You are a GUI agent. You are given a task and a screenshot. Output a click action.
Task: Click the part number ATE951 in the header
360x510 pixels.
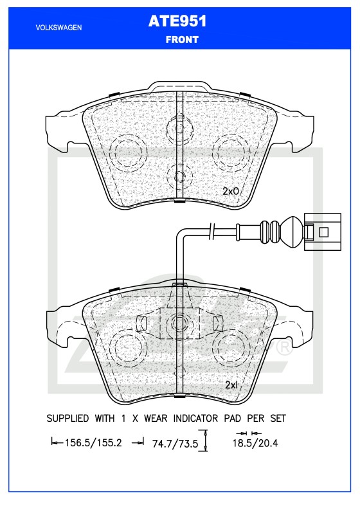(177, 21)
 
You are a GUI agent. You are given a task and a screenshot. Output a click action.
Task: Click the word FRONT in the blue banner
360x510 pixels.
(182, 40)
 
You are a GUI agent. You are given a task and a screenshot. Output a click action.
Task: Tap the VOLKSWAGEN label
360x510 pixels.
(59, 28)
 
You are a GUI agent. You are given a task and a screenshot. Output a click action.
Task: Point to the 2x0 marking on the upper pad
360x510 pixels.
(231, 191)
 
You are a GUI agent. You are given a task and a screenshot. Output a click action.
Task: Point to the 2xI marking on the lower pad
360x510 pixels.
(231, 385)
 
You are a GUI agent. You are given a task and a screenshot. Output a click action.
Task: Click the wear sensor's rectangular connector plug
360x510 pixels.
(322, 232)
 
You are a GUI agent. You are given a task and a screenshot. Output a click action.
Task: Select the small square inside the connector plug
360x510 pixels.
(323, 232)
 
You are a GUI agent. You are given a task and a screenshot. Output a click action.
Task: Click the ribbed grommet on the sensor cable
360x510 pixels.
(270, 232)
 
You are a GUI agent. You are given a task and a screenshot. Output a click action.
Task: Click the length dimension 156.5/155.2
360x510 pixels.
(93, 443)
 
